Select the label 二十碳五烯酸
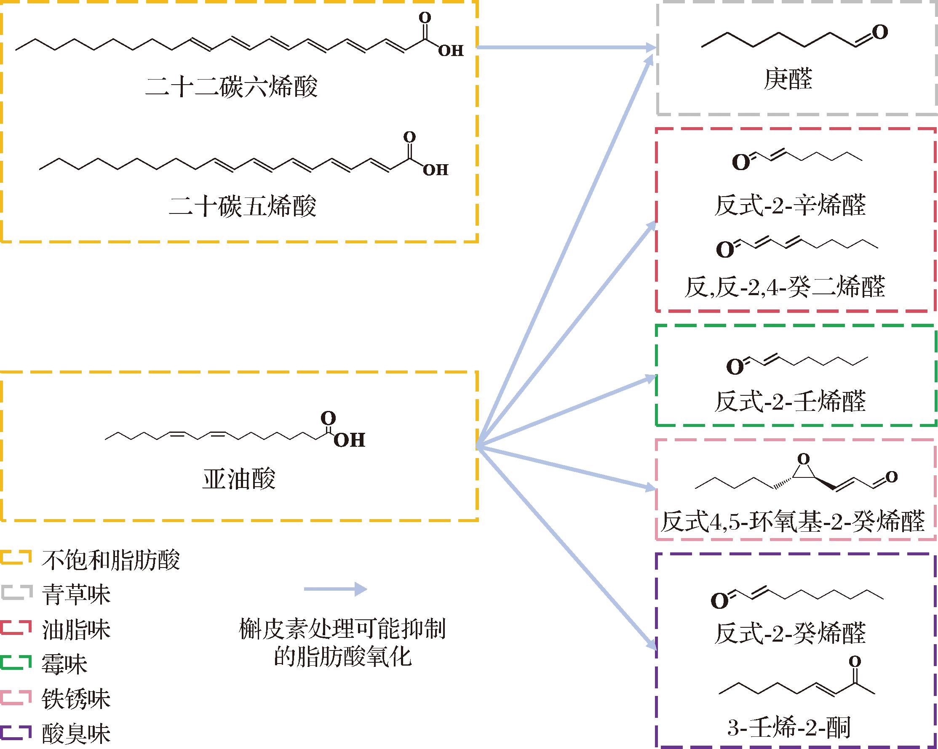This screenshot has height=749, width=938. click(x=242, y=206)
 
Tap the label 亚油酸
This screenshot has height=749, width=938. click(x=239, y=479)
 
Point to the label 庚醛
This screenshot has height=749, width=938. click(x=788, y=79)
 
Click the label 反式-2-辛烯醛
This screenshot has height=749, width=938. click(x=790, y=205)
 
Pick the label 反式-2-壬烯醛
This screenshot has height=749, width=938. click(x=790, y=400)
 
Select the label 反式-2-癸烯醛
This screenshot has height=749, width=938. click(x=790, y=633)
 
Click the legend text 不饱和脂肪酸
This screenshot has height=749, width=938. click(x=110, y=560)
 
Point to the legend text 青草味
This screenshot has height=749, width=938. click(x=76, y=594)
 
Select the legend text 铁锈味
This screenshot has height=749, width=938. click(x=76, y=699)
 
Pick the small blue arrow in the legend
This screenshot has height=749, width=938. click(x=335, y=589)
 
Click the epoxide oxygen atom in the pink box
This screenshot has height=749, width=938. click(x=804, y=458)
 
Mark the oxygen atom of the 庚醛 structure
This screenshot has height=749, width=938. click(x=879, y=32)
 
